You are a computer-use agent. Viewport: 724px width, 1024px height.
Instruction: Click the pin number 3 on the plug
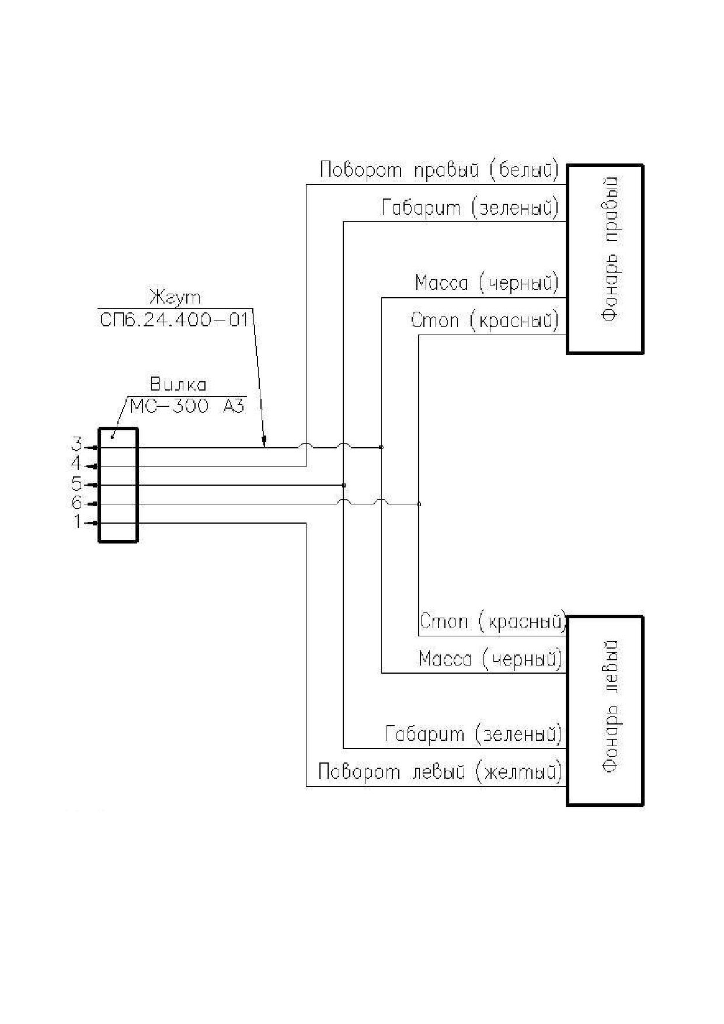(x=76, y=445)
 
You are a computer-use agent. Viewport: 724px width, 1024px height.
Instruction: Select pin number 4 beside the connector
(x=76, y=464)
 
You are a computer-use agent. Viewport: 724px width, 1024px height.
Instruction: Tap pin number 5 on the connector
(x=76, y=483)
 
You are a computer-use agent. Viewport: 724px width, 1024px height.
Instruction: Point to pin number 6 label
(x=76, y=502)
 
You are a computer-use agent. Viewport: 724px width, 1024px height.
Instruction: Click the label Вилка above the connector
(x=178, y=385)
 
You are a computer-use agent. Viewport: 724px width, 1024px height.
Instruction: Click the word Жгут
(x=175, y=298)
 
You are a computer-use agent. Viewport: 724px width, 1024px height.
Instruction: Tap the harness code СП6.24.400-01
(x=175, y=319)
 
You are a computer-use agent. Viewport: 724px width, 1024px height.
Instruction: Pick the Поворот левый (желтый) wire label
(x=440, y=772)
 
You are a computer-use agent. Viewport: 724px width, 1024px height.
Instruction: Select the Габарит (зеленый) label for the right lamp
(x=470, y=207)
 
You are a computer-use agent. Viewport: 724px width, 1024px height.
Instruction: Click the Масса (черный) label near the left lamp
(x=490, y=659)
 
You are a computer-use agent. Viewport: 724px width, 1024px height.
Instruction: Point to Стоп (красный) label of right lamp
(x=485, y=321)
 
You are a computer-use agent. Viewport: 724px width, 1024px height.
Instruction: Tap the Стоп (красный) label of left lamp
(x=493, y=622)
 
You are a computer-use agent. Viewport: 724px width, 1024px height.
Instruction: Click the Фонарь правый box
(x=605, y=259)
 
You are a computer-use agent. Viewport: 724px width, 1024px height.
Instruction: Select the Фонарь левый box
(x=605, y=710)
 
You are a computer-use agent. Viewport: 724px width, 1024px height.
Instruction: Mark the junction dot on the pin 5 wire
(x=344, y=485)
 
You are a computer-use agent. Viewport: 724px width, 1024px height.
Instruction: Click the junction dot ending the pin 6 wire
(x=419, y=504)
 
